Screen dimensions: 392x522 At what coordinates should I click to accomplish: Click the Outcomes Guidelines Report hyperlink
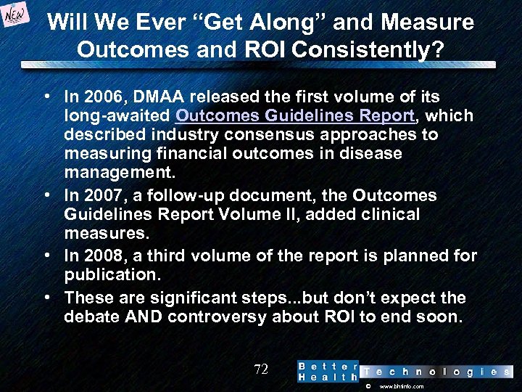tap(295, 115)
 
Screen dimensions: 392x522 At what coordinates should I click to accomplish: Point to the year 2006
tap(98, 97)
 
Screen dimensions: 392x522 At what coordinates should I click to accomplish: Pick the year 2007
tap(98, 195)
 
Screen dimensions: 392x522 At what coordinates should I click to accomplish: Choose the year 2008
tap(98, 256)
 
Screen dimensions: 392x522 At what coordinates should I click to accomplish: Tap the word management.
tap(119, 173)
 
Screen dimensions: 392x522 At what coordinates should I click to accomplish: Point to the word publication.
tap(109, 275)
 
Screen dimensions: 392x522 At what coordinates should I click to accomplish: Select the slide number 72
tap(261, 369)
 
